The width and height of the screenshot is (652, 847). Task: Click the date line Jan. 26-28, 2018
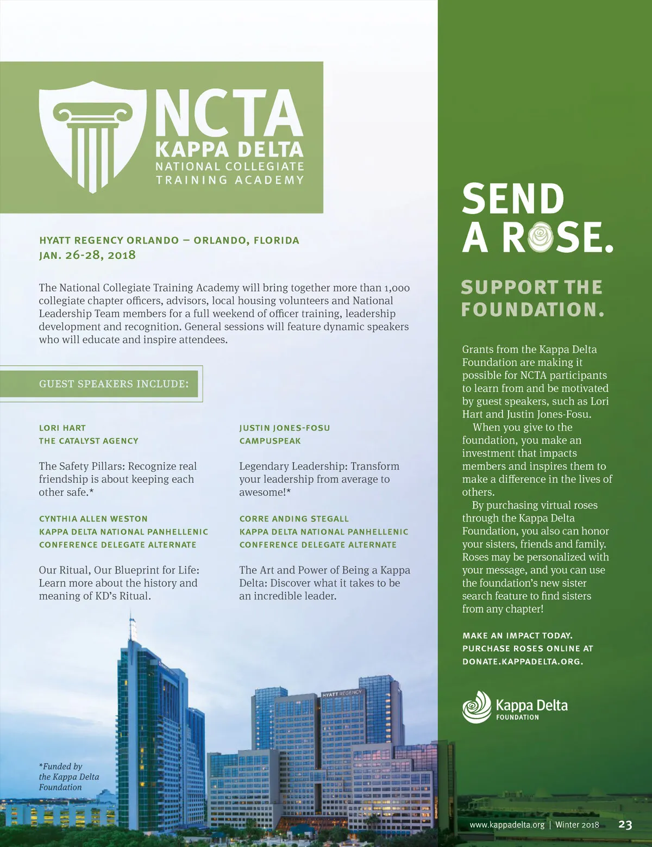tap(87, 255)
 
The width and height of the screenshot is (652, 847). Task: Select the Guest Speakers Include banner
tap(114, 384)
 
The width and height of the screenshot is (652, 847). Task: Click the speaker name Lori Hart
tap(62, 428)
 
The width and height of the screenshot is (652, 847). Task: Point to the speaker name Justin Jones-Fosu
tap(285, 428)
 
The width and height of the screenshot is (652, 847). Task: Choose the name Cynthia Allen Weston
tap(93, 519)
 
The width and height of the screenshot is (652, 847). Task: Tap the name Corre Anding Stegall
tap(294, 519)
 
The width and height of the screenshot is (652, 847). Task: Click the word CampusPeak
tap(270, 441)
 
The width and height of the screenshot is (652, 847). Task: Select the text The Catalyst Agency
tap(89, 441)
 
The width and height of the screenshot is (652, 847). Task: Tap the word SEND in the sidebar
tap(513, 198)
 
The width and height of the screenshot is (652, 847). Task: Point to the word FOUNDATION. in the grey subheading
tap(532, 309)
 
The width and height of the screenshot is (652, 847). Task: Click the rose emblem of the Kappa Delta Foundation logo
tap(477, 707)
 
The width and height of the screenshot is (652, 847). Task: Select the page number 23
tap(625, 825)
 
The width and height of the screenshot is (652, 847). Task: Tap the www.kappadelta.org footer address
tap(507, 825)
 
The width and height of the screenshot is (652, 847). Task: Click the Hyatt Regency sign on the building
tap(342, 694)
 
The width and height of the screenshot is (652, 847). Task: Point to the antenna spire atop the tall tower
tap(130, 625)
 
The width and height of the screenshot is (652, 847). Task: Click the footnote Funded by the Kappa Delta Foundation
tap(68, 777)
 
